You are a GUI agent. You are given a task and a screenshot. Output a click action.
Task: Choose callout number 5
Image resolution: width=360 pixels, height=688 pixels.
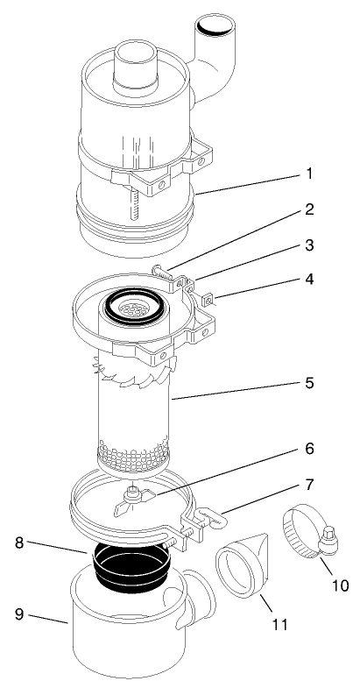pos(307,384)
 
